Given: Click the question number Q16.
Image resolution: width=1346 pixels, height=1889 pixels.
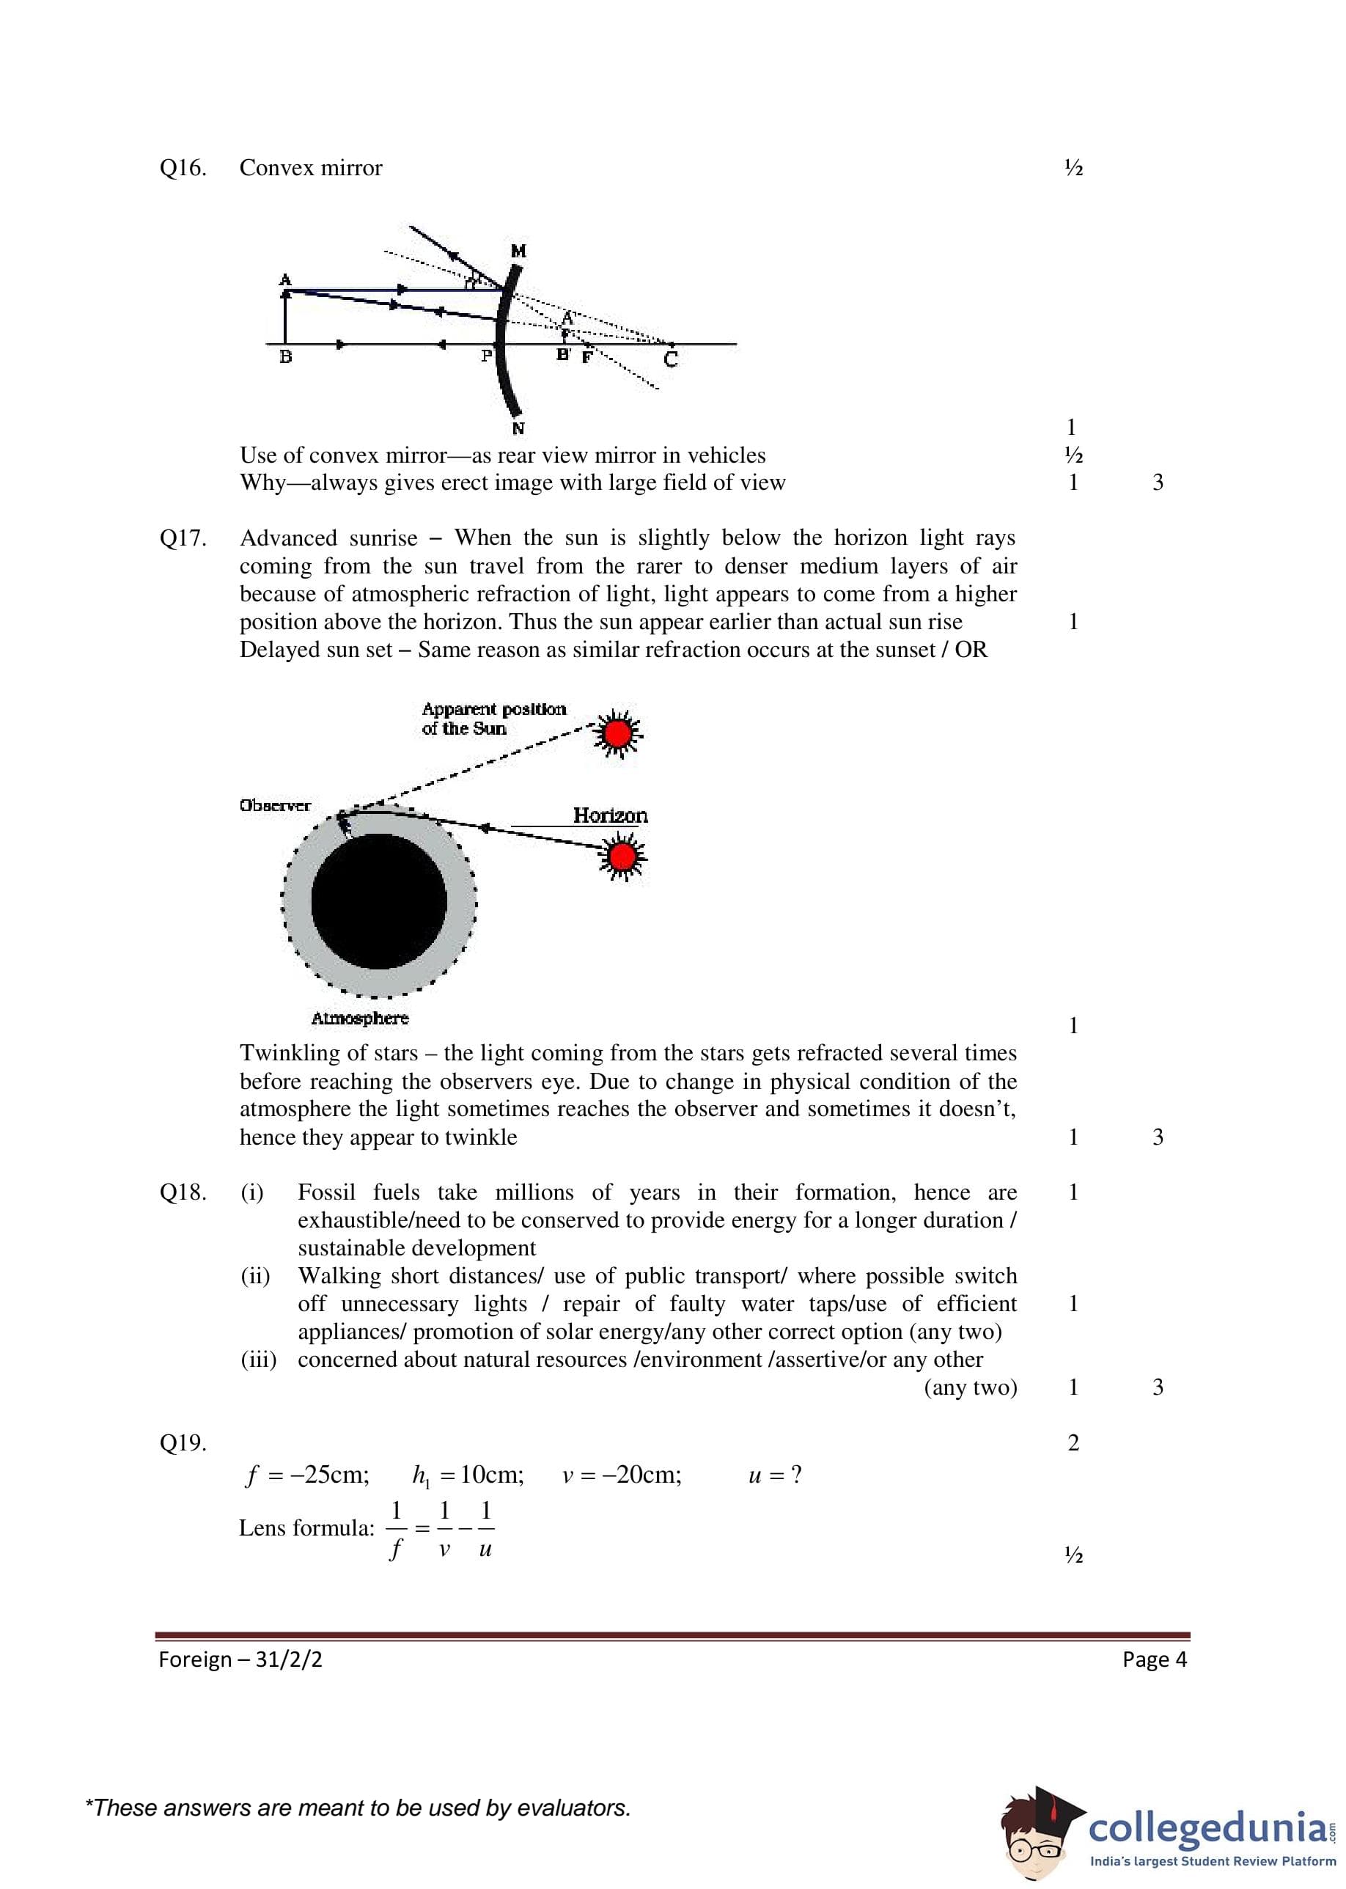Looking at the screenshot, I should pyautogui.click(x=183, y=168).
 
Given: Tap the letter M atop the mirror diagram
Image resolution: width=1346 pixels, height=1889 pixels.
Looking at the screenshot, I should pyautogui.click(x=519, y=250).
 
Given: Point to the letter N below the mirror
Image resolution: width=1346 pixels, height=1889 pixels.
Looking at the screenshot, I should pyautogui.click(x=518, y=428).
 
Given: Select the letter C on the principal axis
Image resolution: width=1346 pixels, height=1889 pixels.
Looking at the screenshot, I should pyautogui.click(x=671, y=360).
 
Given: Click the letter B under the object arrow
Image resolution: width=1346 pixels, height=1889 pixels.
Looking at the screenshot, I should pyautogui.click(x=285, y=358).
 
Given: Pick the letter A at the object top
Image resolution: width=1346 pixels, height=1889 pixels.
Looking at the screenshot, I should pyautogui.click(x=284, y=279).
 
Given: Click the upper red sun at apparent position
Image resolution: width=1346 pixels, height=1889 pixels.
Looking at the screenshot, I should pyautogui.click(x=617, y=733).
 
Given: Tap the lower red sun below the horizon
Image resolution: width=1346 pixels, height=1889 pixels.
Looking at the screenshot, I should pyautogui.click(x=622, y=857).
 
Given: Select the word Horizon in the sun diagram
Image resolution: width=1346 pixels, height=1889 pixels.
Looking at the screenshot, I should pyautogui.click(x=610, y=815).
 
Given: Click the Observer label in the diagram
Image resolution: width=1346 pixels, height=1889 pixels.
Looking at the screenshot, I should pyautogui.click(x=274, y=806).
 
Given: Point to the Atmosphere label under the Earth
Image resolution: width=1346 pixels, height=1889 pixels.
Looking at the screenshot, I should pyautogui.click(x=360, y=1018).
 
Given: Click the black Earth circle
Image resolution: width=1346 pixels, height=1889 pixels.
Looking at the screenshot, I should pyautogui.click(x=379, y=901).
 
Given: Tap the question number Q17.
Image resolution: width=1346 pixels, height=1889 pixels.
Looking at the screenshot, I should pyautogui.click(x=183, y=539).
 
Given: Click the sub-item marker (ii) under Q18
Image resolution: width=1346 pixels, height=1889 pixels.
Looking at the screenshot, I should pyautogui.click(x=255, y=1276).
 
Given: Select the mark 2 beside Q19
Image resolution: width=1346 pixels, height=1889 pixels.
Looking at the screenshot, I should pyautogui.click(x=1073, y=1443).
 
